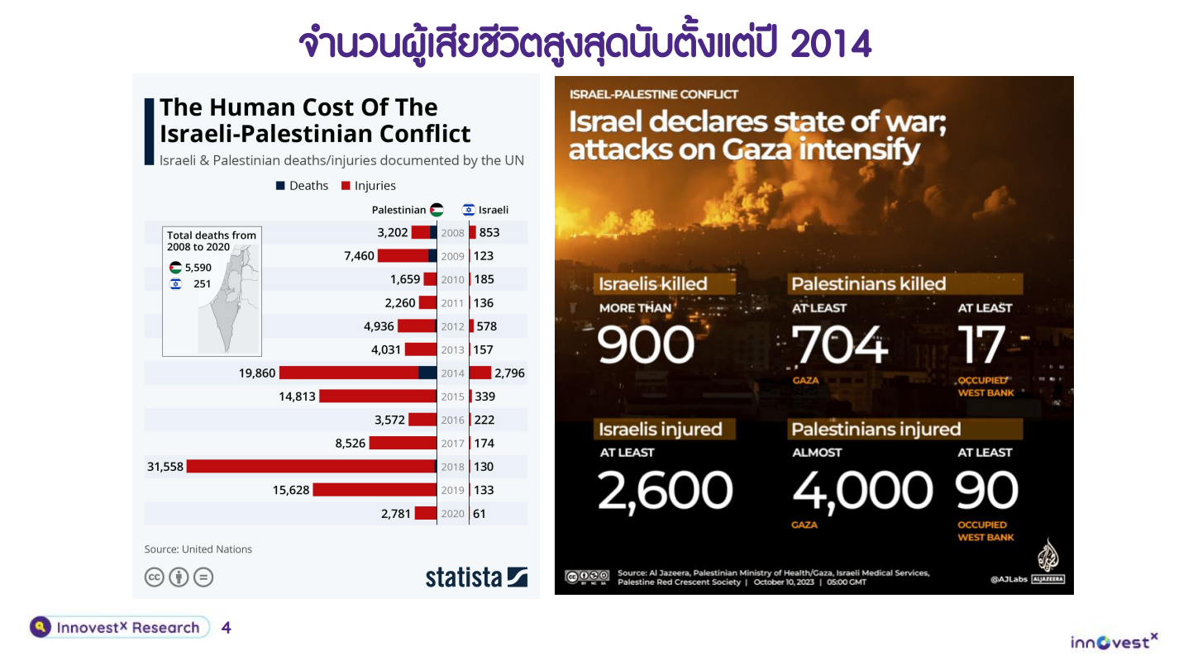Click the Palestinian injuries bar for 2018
pyautogui.click(x=310, y=467)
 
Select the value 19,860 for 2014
pyautogui.click(x=257, y=373)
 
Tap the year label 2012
pyautogui.click(x=452, y=326)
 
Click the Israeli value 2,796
pyautogui.click(x=509, y=373)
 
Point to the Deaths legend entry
pyautogui.click(x=303, y=186)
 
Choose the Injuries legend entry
pyautogui.click(x=369, y=186)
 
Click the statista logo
pyautogui.click(x=476, y=577)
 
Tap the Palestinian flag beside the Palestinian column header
pyautogui.click(x=437, y=210)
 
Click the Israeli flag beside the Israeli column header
pyautogui.click(x=468, y=210)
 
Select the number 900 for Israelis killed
pyautogui.click(x=646, y=344)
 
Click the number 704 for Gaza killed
pyautogui.click(x=839, y=344)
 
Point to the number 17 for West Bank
pyautogui.click(x=982, y=344)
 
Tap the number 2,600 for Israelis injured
pyautogui.click(x=665, y=491)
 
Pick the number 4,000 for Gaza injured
pyautogui.click(x=862, y=491)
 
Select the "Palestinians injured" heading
pyautogui.click(x=875, y=430)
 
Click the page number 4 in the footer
pyautogui.click(x=227, y=628)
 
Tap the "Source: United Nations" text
pyautogui.click(x=198, y=549)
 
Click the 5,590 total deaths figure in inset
pyautogui.click(x=198, y=268)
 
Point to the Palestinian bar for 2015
pyautogui.click(x=377, y=397)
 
